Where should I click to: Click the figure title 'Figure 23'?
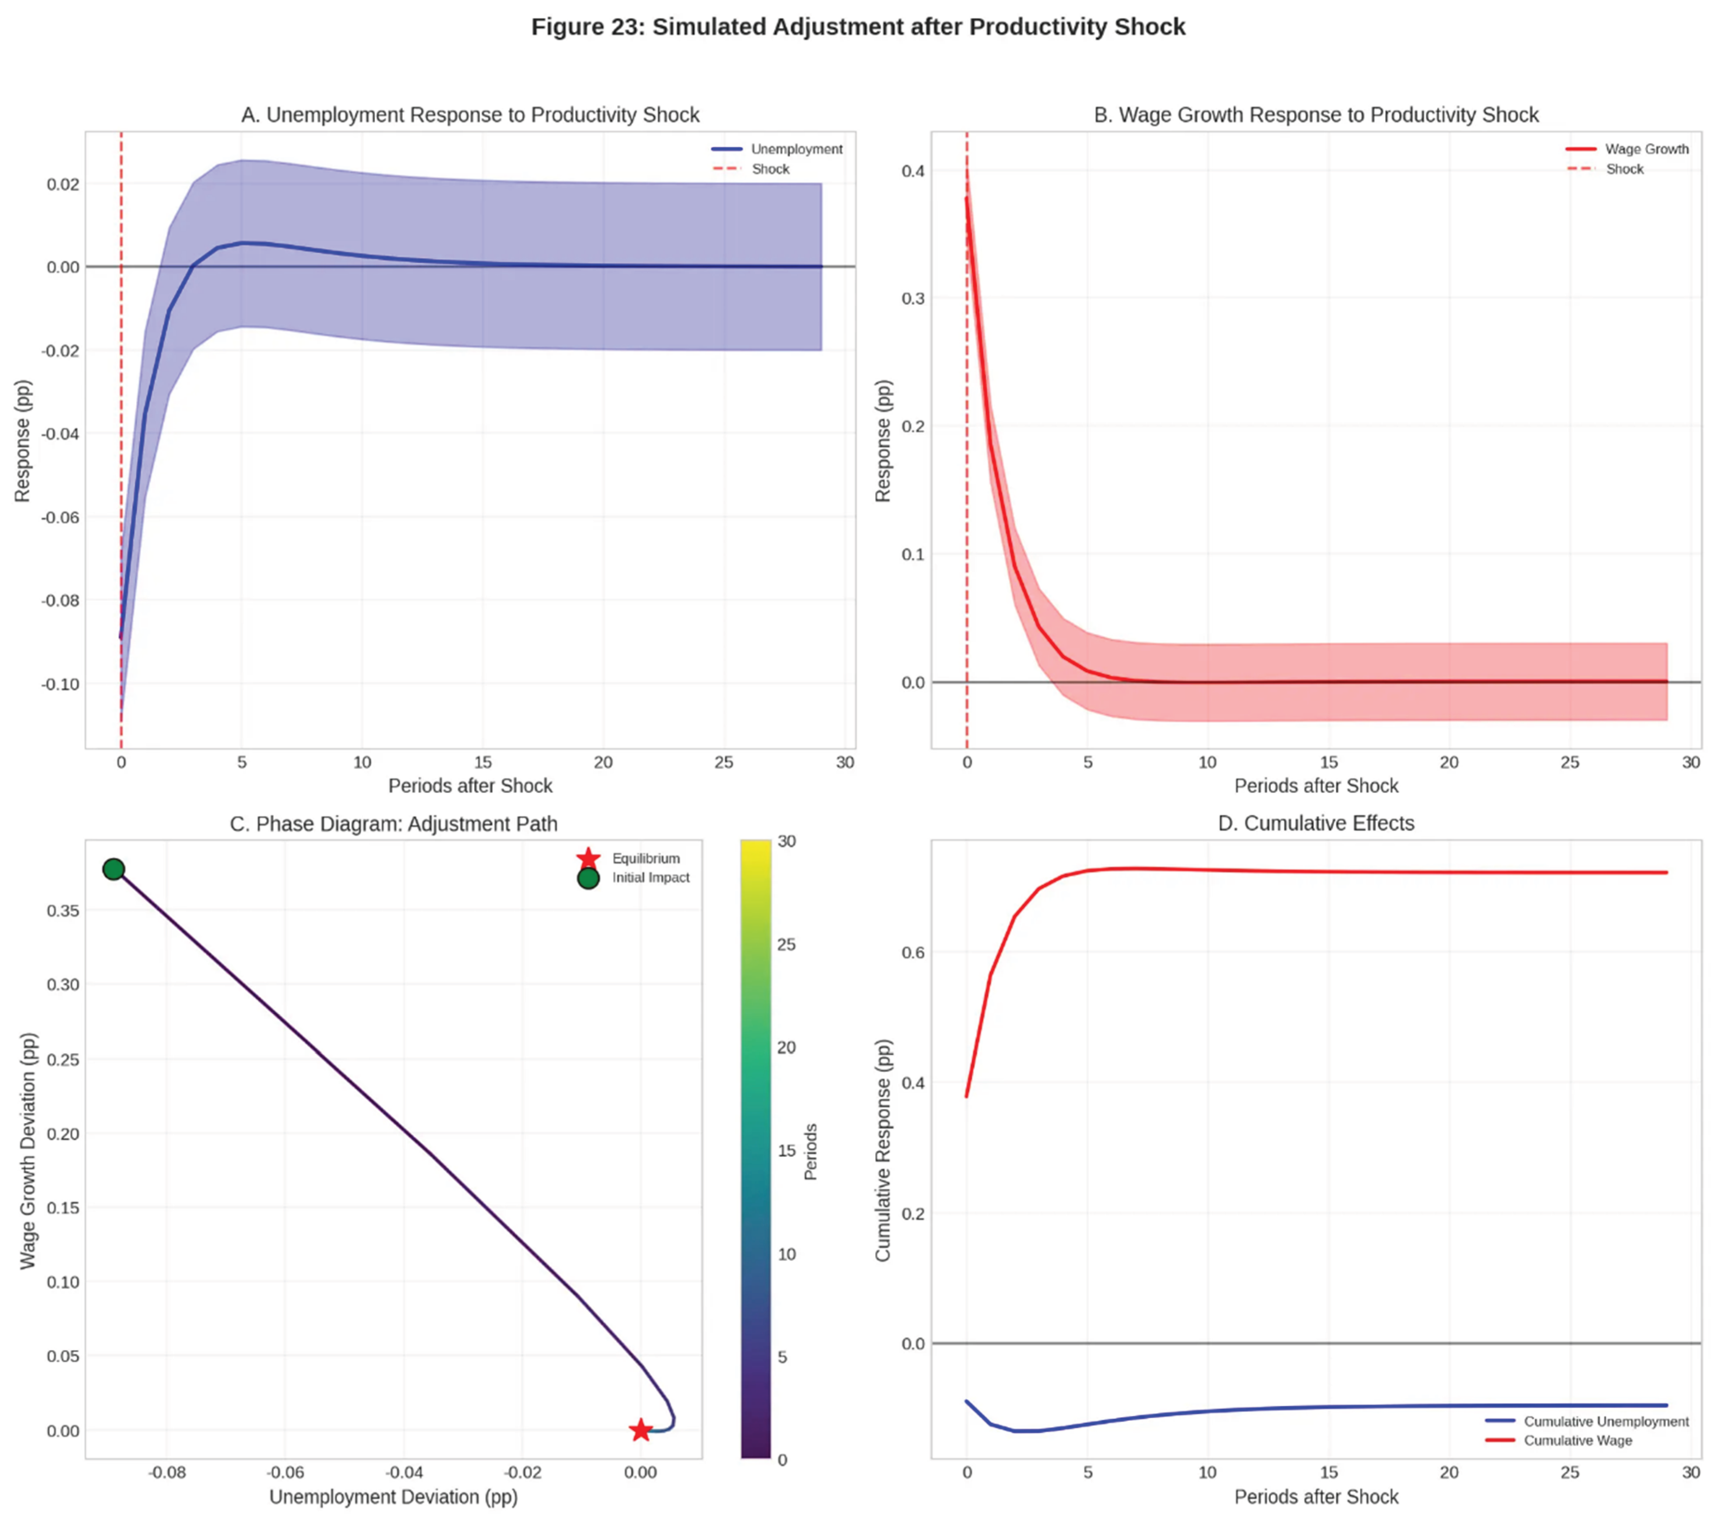(857, 27)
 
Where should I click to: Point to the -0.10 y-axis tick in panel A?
(60, 684)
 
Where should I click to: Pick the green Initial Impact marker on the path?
(113, 869)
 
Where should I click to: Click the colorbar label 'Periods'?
(810, 1151)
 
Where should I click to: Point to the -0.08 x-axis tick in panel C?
(167, 1473)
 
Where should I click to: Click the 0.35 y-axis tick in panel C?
(63, 910)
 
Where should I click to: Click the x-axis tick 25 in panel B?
(1569, 762)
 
